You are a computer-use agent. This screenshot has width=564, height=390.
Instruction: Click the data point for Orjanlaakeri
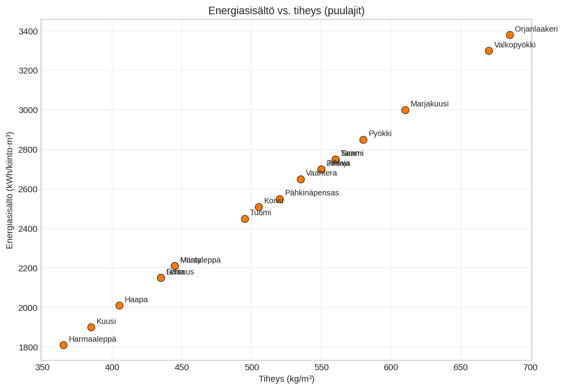510,35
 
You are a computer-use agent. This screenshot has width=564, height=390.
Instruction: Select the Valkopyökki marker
489,51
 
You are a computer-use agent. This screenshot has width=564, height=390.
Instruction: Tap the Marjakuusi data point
405,110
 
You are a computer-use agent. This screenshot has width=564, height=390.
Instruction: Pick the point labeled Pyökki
363,140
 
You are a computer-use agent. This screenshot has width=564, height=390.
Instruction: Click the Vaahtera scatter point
301,179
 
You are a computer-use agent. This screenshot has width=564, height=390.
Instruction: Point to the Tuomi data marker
245,219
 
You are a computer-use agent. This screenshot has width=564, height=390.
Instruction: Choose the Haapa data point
119,305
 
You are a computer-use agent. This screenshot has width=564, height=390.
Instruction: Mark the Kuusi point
91,327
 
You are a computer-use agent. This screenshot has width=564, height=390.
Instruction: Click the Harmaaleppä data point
63,345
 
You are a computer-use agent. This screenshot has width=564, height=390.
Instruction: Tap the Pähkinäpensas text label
312,193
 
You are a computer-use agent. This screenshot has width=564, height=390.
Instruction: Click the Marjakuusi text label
429,104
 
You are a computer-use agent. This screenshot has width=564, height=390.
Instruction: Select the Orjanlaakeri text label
536,29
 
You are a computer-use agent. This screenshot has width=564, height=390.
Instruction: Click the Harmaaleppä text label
92,339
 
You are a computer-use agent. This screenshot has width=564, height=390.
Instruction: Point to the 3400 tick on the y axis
28,31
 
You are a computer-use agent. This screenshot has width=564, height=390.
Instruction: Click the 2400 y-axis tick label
28,229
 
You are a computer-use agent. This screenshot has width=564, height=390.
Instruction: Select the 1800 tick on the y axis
28,347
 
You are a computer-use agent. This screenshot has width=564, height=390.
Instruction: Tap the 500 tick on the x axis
252,367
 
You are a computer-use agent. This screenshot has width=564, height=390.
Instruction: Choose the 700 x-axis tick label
530,367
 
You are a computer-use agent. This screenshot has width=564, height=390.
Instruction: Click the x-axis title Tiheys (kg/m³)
286,379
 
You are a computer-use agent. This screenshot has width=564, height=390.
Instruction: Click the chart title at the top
286,11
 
